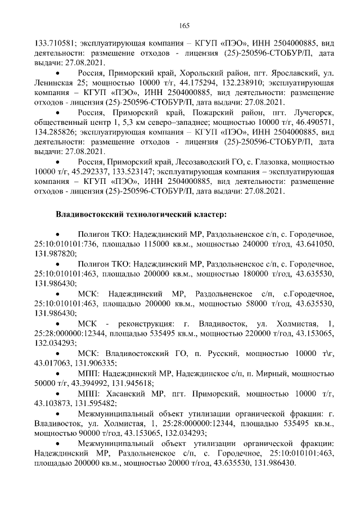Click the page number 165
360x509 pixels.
coord(184,25)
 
